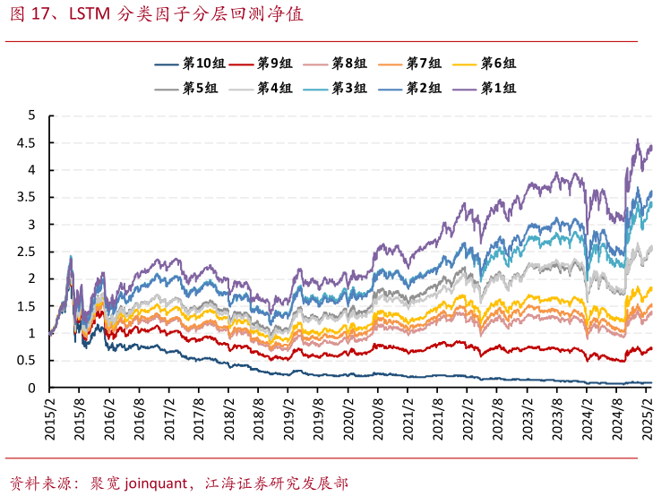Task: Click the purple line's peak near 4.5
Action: (x=637, y=140)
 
